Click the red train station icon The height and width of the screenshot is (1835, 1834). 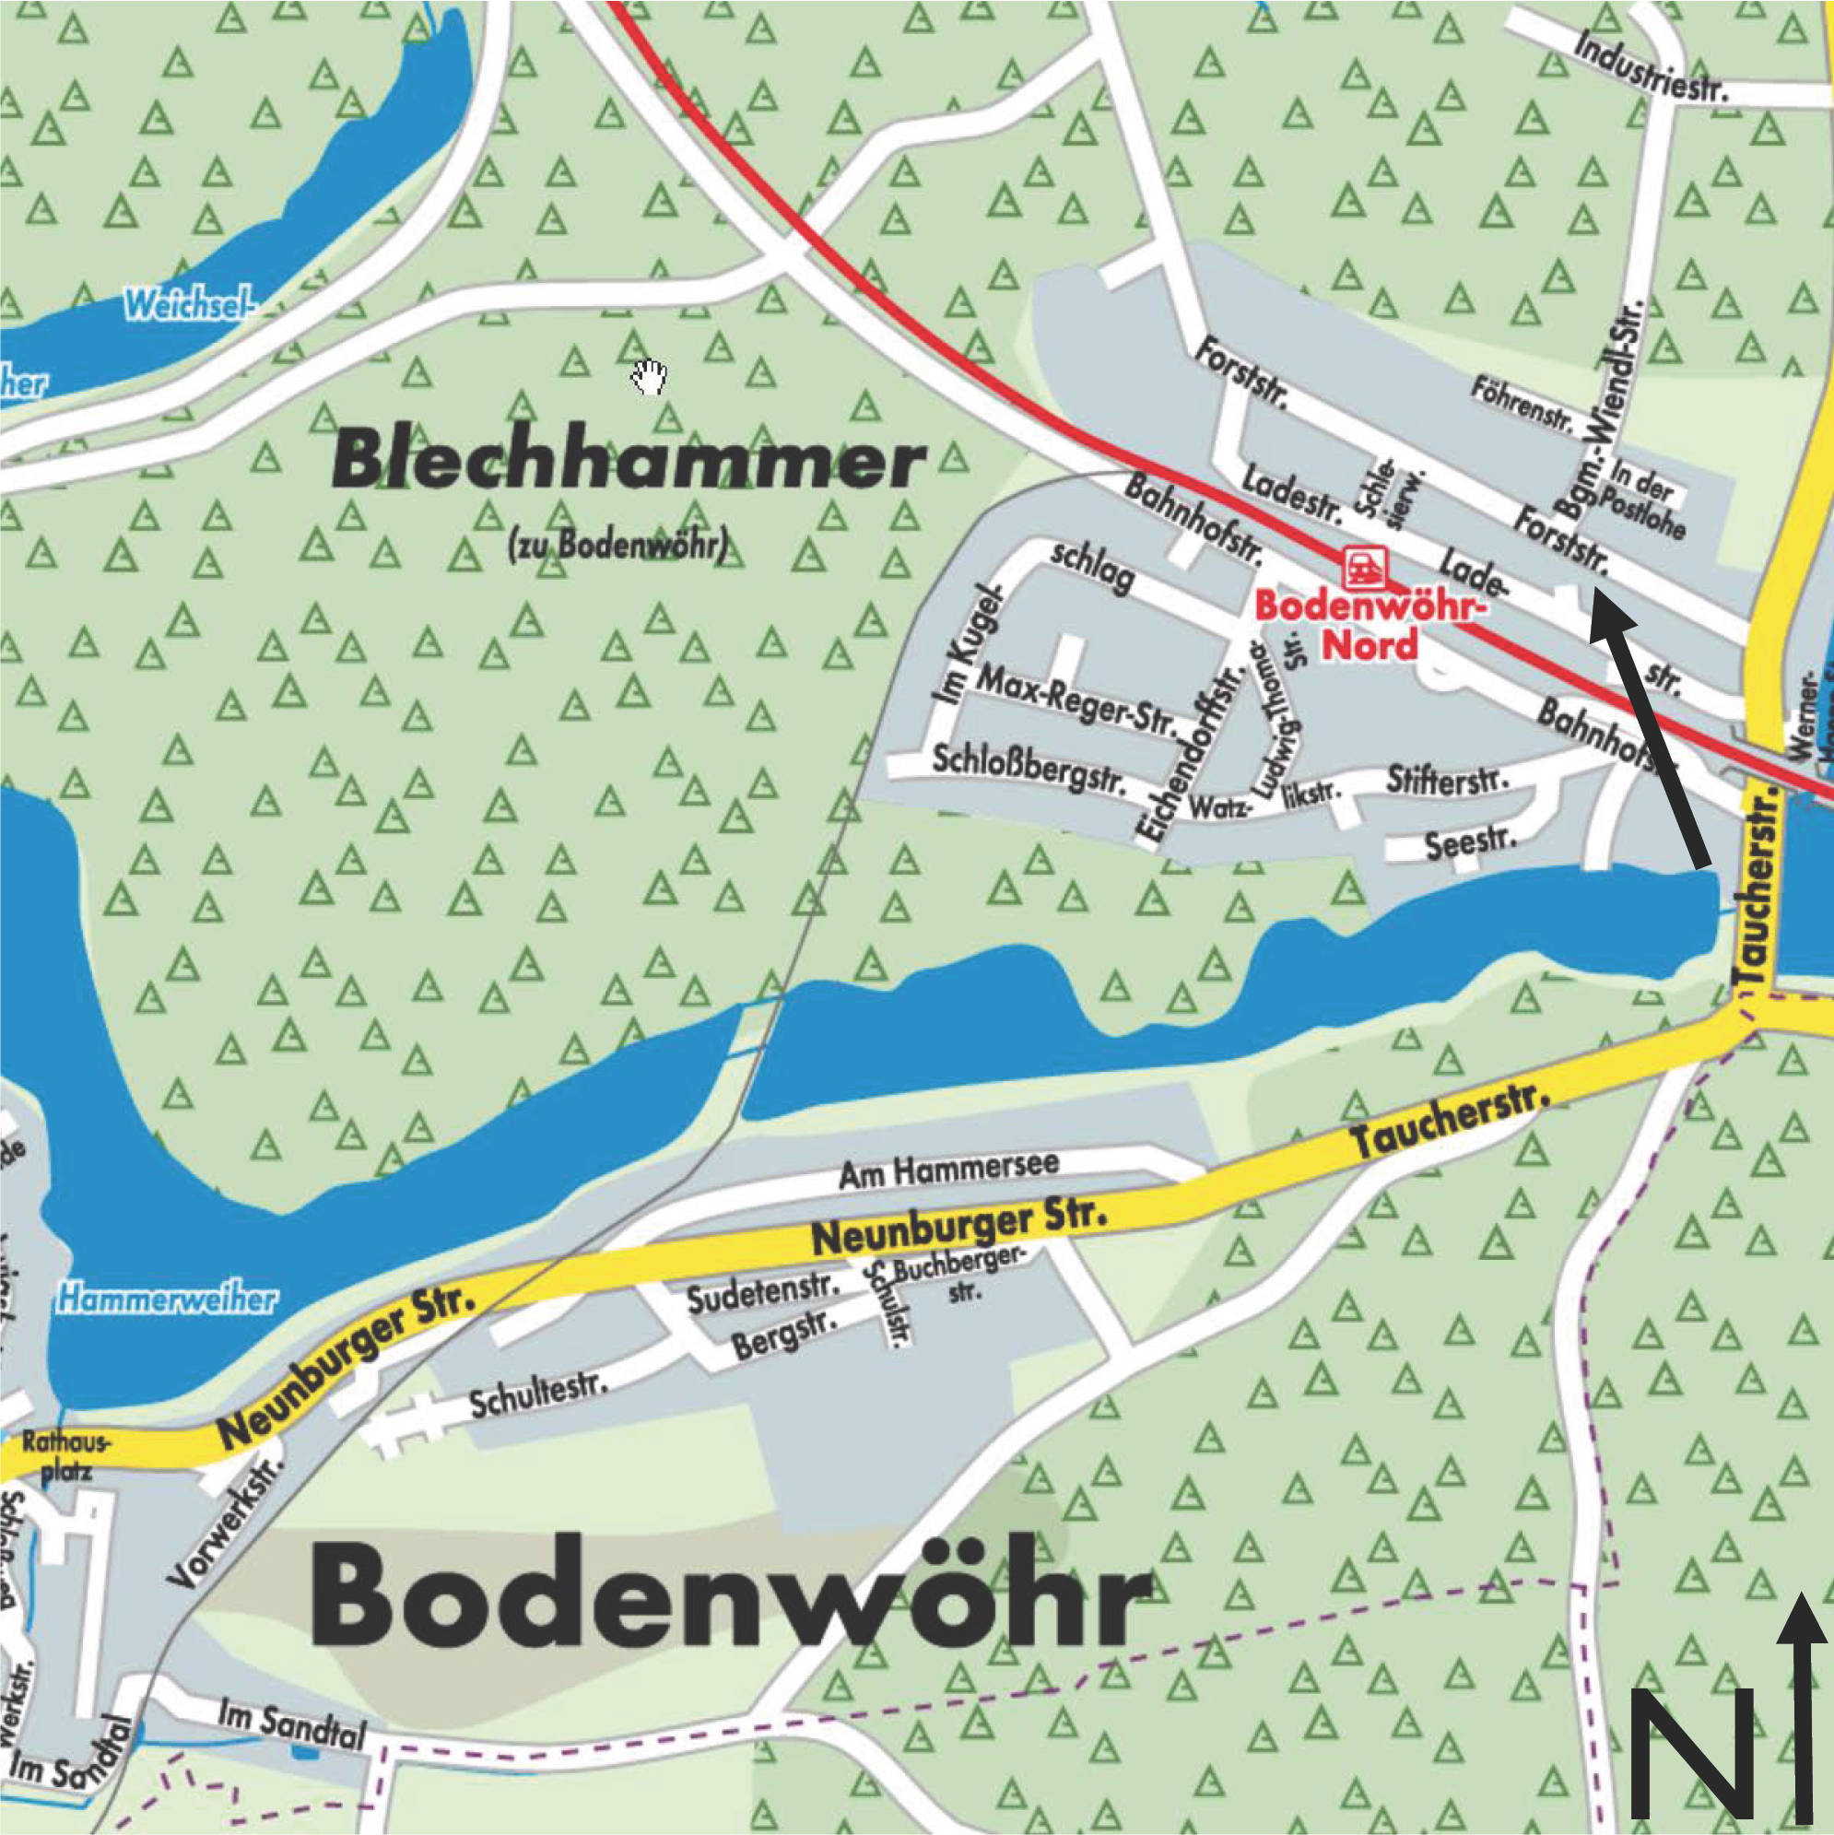click(1364, 568)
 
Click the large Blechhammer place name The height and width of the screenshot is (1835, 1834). click(628, 462)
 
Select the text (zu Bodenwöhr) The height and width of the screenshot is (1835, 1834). click(618, 546)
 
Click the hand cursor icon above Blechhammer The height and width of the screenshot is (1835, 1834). click(650, 377)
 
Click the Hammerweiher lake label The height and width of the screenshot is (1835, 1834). click(165, 1300)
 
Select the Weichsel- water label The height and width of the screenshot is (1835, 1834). click(190, 306)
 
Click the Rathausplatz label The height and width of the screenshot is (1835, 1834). click(66, 1458)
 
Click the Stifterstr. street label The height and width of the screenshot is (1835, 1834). click(1448, 780)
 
